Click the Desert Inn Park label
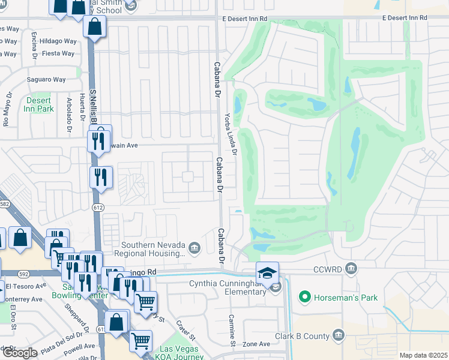[39, 104]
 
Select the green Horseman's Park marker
[305, 296]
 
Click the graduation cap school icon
[267, 273]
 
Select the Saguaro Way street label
[46, 79]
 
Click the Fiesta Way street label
[58, 53]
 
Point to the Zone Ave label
[256, 344]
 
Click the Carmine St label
[231, 329]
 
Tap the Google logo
[20, 353]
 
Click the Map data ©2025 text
[423, 355]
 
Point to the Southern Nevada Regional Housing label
[153, 249]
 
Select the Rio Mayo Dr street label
[7, 109]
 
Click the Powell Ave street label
[81, 346]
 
